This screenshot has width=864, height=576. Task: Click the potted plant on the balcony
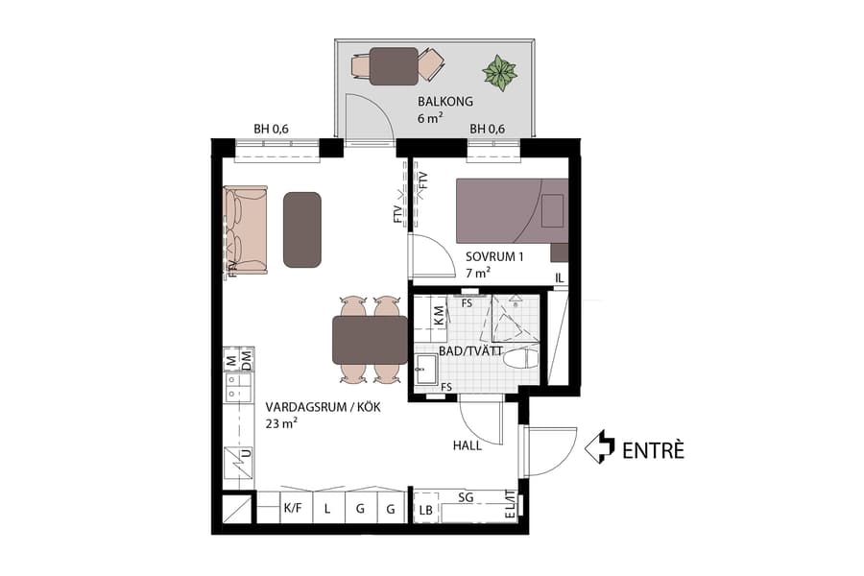pyautogui.click(x=499, y=72)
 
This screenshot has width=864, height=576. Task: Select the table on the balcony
pyautogui.click(x=394, y=66)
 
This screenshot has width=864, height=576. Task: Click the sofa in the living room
pyautogui.click(x=245, y=229)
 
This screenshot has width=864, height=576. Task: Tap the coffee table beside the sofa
pyautogui.click(x=301, y=229)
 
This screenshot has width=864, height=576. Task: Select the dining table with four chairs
pyautogui.click(x=370, y=340)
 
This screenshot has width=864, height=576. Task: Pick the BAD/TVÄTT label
pyautogui.click(x=470, y=351)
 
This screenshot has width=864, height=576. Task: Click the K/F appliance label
pyautogui.click(x=292, y=510)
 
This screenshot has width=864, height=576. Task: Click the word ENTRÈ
pyautogui.click(x=653, y=448)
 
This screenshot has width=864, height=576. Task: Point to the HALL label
pyautogui.click(x=468, y=445)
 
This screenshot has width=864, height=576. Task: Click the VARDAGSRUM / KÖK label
pyautogui.click(x=324, y=407)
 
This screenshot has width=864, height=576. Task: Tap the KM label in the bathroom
pyautogui.click(x=439, y=314)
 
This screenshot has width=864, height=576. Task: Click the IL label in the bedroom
pyautogui.click(x=559, y=278)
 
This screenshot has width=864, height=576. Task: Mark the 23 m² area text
pyautogui.click(x=282, y=423)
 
